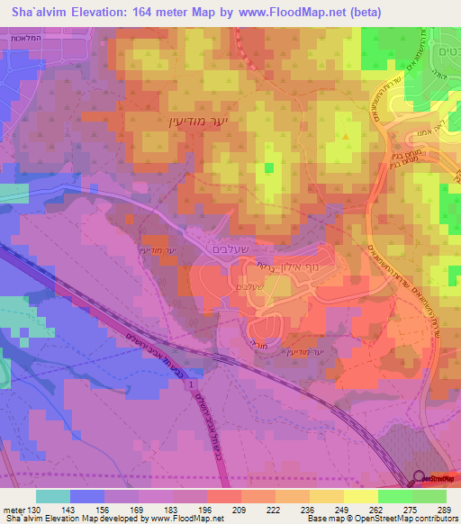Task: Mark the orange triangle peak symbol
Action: (348, 136)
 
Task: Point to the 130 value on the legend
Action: (33, 509)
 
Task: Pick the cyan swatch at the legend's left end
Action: (53, 496)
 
